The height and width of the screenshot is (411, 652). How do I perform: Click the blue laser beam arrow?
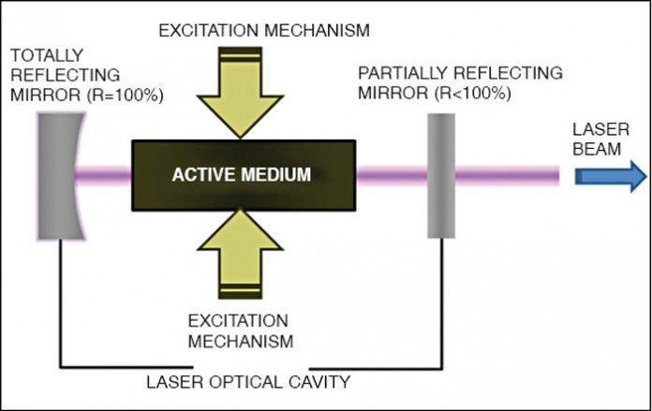[610, 176]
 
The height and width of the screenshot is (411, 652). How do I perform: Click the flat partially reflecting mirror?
[441, 174]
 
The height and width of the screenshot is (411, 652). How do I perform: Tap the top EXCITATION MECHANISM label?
[264, 30]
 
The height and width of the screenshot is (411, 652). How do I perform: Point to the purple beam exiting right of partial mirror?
[507, 175]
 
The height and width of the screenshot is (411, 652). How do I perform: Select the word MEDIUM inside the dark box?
[275, 174]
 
